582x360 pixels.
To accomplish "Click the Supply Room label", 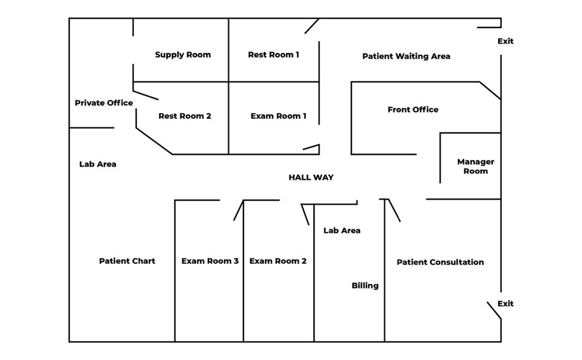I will (182, 55).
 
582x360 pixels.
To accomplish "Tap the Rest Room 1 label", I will (274, 55).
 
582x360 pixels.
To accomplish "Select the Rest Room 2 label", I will (185, 116).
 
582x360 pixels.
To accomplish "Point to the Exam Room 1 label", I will (278, 116).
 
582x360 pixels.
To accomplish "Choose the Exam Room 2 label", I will (278, 261).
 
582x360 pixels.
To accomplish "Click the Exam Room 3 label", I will (210, 261).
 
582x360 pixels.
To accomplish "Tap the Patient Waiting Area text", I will (406, 56).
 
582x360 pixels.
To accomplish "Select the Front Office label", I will (413, 110).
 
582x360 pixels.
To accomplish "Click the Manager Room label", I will (476, 167).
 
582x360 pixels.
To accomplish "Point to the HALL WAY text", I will (311, 178).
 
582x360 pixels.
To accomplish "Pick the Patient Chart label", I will (127, 261).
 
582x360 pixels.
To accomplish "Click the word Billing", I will (365, 286).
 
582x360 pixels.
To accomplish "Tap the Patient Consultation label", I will (440, 263).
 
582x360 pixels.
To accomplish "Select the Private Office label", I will (103, 103).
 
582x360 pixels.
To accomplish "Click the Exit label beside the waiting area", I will (506, 42).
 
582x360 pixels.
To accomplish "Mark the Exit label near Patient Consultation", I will (506, 304).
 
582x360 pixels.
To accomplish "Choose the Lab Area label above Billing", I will (341, 231).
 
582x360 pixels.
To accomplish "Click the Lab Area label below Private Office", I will (97, 165).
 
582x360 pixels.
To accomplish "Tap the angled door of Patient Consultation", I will (394, 210).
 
